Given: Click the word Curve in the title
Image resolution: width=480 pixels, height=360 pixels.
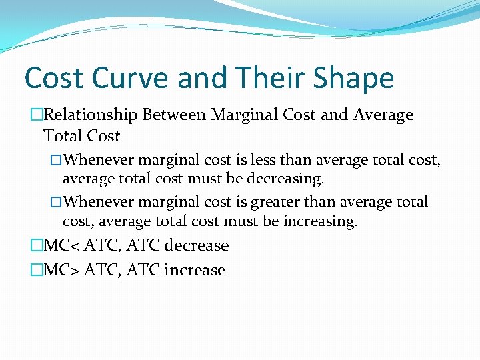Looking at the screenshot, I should coord(131,78).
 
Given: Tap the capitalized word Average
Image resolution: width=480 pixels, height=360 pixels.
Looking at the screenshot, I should coord(379,115).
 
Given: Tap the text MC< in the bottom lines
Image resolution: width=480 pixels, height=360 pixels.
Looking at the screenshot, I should coord(59,245).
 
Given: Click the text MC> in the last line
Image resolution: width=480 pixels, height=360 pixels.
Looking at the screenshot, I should coord(59,270).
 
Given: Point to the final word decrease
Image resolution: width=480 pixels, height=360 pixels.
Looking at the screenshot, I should coord(196,245).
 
